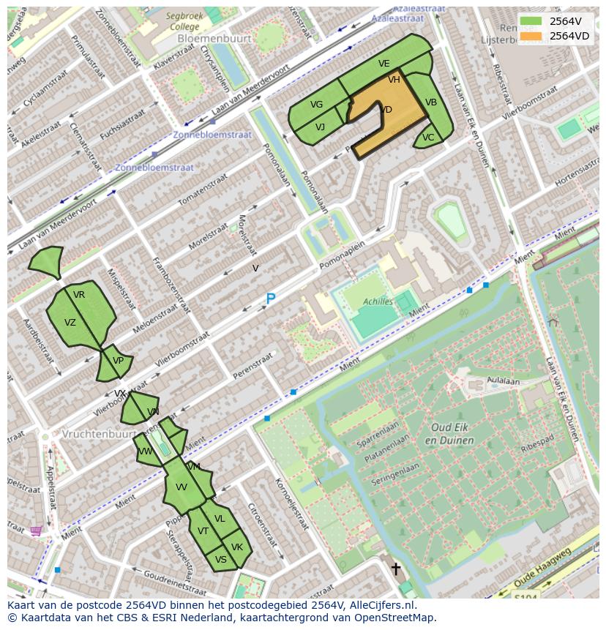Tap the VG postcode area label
316,105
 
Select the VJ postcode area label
320,127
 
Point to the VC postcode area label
428,138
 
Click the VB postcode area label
431,102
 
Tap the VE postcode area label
384,64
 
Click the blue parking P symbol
270,299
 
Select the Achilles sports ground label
378,301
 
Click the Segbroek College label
182,20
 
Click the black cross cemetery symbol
396,569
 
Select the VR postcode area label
79,295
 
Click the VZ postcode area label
70,323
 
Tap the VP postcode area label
118,361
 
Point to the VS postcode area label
220,560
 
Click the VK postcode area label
236,547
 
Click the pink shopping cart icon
36,530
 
